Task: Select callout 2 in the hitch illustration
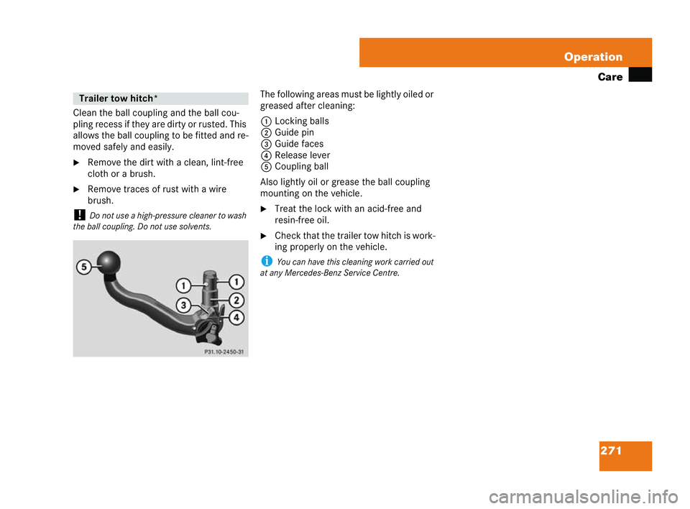point(237,300)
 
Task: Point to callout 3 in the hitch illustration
point(185,306)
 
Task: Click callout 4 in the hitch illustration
point(237,317)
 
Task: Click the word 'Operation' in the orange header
point(593,57)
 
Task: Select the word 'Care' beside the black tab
point(609,77)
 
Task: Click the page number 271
point(612,451)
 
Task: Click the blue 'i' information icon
point(264,262)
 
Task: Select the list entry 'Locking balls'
point(301,121)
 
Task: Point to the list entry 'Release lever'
point(302,155)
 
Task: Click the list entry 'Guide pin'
point(294,132)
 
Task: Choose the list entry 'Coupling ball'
point(301,166)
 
